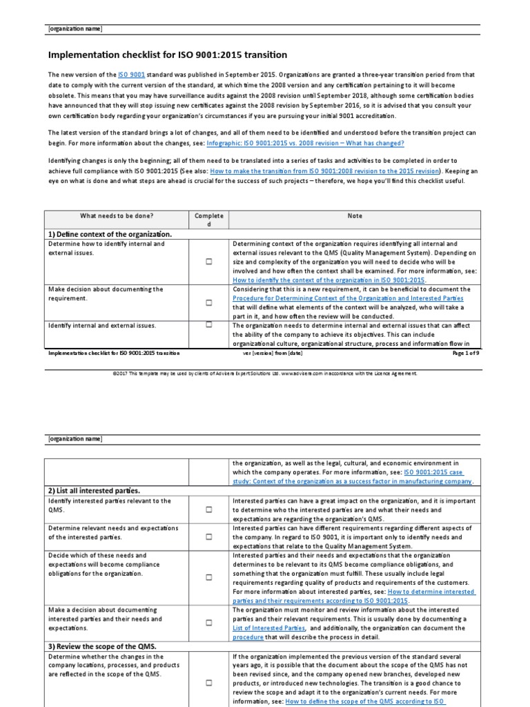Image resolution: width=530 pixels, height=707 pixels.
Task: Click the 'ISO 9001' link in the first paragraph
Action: click(x=132, y=75)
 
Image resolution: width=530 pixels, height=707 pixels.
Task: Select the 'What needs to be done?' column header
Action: click(x=117, y=216)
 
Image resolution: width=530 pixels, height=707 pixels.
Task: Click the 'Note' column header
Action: click(x=355, y=216)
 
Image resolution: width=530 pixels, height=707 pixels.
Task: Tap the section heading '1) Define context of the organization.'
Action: click(x=109, y=234)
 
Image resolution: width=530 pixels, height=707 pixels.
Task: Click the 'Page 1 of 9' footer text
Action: click(x=469, y=353)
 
